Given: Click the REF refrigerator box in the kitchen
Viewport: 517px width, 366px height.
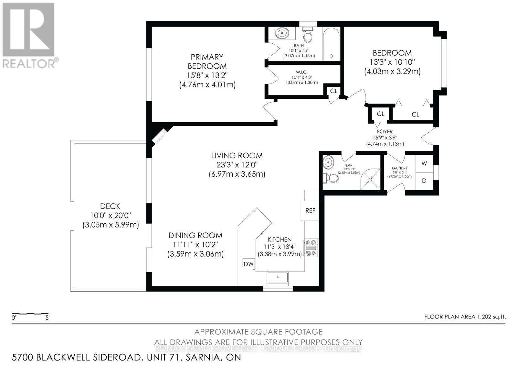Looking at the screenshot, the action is pyautogui.click(x=310, y=211).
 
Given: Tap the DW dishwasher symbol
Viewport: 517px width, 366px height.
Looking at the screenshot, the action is pyautogui.click(x=248, y=264).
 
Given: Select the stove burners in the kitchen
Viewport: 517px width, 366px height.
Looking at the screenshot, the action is pyautogui.click(x=311, y=248).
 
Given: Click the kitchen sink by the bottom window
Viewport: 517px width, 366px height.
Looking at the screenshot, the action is pyautogui.click(x=278, y=277).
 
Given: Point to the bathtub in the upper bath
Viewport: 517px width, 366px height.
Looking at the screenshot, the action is pyautogui.click(x=331, y=44).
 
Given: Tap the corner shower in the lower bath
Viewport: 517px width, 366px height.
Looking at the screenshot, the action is pyautogui.click(x=370, y=179).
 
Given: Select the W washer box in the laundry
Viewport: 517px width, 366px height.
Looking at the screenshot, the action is pyautogui.click(x=424, y=163).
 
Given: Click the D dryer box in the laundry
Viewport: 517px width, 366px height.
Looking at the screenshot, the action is pyautogui.click(x=424, y=181).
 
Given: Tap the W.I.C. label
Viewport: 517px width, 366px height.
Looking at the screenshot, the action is pyautogui.click(x=302, y=72).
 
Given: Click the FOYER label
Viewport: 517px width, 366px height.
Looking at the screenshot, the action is pyautogui.click(x=385, y=132).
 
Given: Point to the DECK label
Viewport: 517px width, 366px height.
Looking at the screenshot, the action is pyautogui.click(x=110, y=206).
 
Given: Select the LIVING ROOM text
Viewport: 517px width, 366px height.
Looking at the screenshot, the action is pyautogui.click(x=237, y=155).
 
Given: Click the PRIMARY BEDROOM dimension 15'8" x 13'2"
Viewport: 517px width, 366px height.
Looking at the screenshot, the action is pyautogui.click(x=207, y=75).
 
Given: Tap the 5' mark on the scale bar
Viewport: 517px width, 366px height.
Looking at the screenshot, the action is pyautogui.click(x=47, y=318).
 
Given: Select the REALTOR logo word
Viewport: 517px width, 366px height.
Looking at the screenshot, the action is pyautogui.click(x=29, y=63).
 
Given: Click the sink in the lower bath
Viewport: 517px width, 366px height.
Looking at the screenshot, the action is pyautogui.click(x=328, y=162).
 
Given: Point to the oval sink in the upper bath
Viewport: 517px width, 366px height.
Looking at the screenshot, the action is pyautogui.click(x=282, y=33).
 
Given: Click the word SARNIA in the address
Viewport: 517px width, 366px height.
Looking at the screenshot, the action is pyautogui.click(x=203, y=358).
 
